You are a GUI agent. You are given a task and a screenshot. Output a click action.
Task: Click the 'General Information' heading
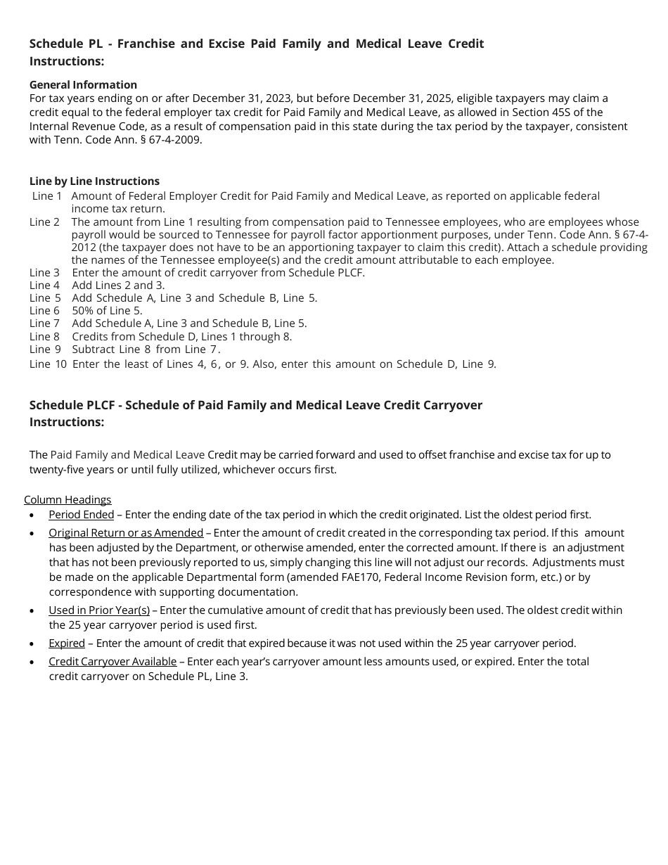[83, 84]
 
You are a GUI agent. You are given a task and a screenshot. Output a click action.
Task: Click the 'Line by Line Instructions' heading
[94, 181]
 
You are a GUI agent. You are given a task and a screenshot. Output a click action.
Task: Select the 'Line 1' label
[47, 196]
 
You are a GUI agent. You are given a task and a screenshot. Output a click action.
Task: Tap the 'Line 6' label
[44, 310]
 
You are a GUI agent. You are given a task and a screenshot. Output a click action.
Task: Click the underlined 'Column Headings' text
[68, 499]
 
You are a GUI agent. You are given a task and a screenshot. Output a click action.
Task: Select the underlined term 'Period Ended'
[81, 514]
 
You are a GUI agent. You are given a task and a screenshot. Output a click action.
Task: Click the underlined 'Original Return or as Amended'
[126, 532]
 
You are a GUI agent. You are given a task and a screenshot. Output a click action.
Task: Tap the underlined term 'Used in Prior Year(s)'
[99, 610]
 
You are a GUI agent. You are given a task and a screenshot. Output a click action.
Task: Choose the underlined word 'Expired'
[67, 643]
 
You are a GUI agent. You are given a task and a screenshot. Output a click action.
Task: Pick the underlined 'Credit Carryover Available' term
[113, 661]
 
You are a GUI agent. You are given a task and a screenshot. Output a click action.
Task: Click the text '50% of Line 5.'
[107, 310]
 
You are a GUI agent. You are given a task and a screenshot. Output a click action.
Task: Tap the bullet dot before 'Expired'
[33, 643]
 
